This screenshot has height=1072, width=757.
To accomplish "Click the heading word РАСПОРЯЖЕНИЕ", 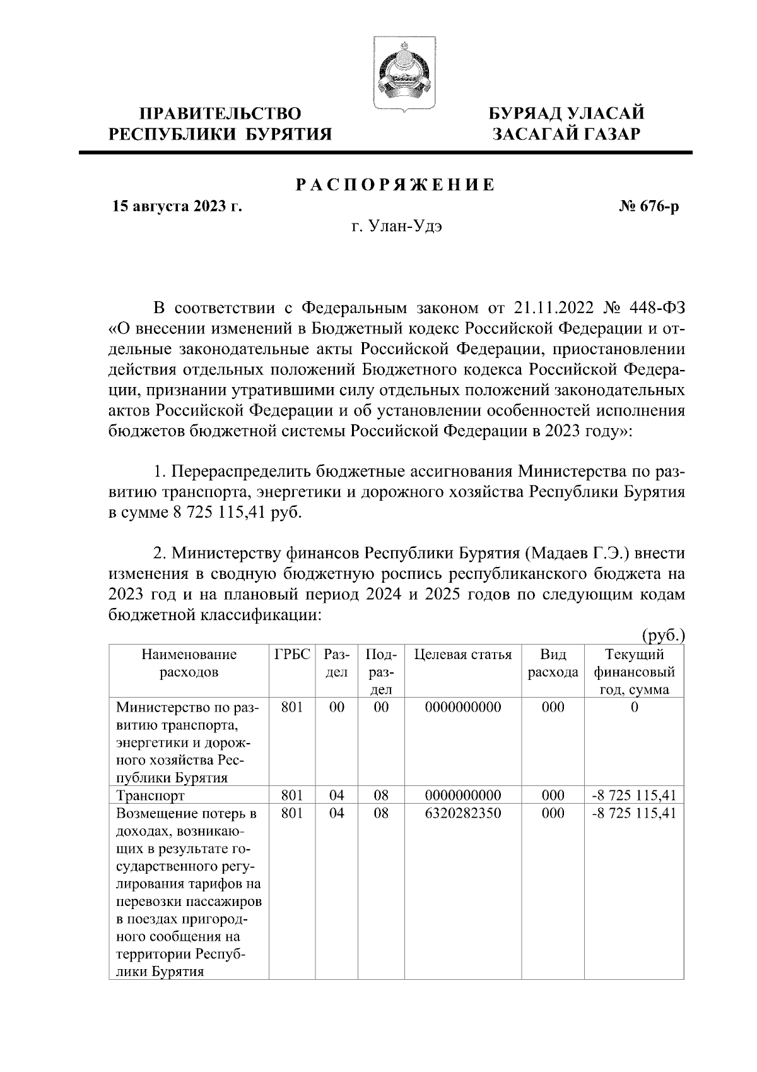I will (396, 185).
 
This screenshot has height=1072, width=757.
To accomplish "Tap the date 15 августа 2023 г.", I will (177, 206).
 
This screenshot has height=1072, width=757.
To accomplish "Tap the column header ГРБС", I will (292, 654).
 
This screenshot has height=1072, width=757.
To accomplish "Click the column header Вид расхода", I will (553, 663).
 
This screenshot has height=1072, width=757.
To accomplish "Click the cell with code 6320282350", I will (463, 813).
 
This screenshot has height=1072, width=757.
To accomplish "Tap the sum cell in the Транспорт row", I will (634, 795).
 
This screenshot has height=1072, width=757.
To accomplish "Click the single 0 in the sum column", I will (634, 707).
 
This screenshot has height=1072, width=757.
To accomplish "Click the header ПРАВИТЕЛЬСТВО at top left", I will (220, 114).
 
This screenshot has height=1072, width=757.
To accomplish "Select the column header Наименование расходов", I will (189, 663).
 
